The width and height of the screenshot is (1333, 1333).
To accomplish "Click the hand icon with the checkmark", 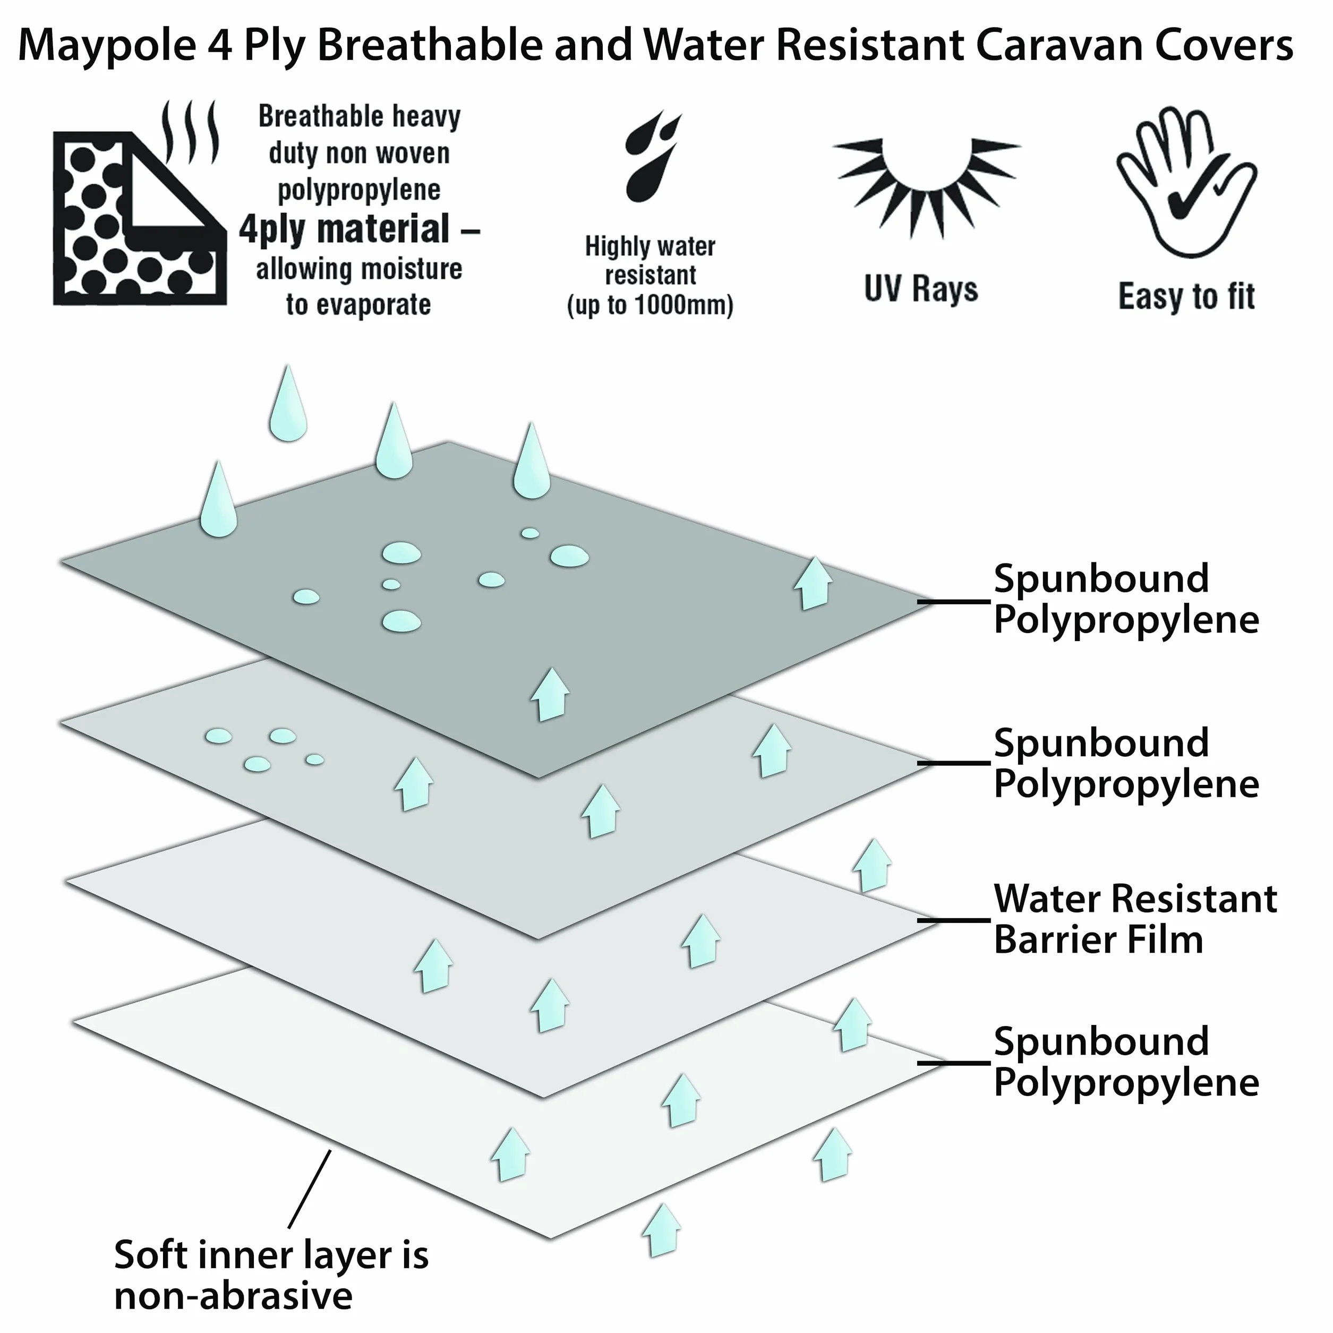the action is [x=1186, y=182].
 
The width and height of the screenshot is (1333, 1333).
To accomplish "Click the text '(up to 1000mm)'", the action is [x=650, y=305].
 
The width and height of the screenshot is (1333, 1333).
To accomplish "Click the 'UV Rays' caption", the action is [x=921, y=289].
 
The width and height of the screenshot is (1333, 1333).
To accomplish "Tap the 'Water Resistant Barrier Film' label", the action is [x=1135, y=920].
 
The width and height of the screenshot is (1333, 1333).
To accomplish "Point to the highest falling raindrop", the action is [x=288, y=404].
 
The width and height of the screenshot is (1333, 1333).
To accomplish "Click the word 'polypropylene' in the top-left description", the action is [x=359, y=190].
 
